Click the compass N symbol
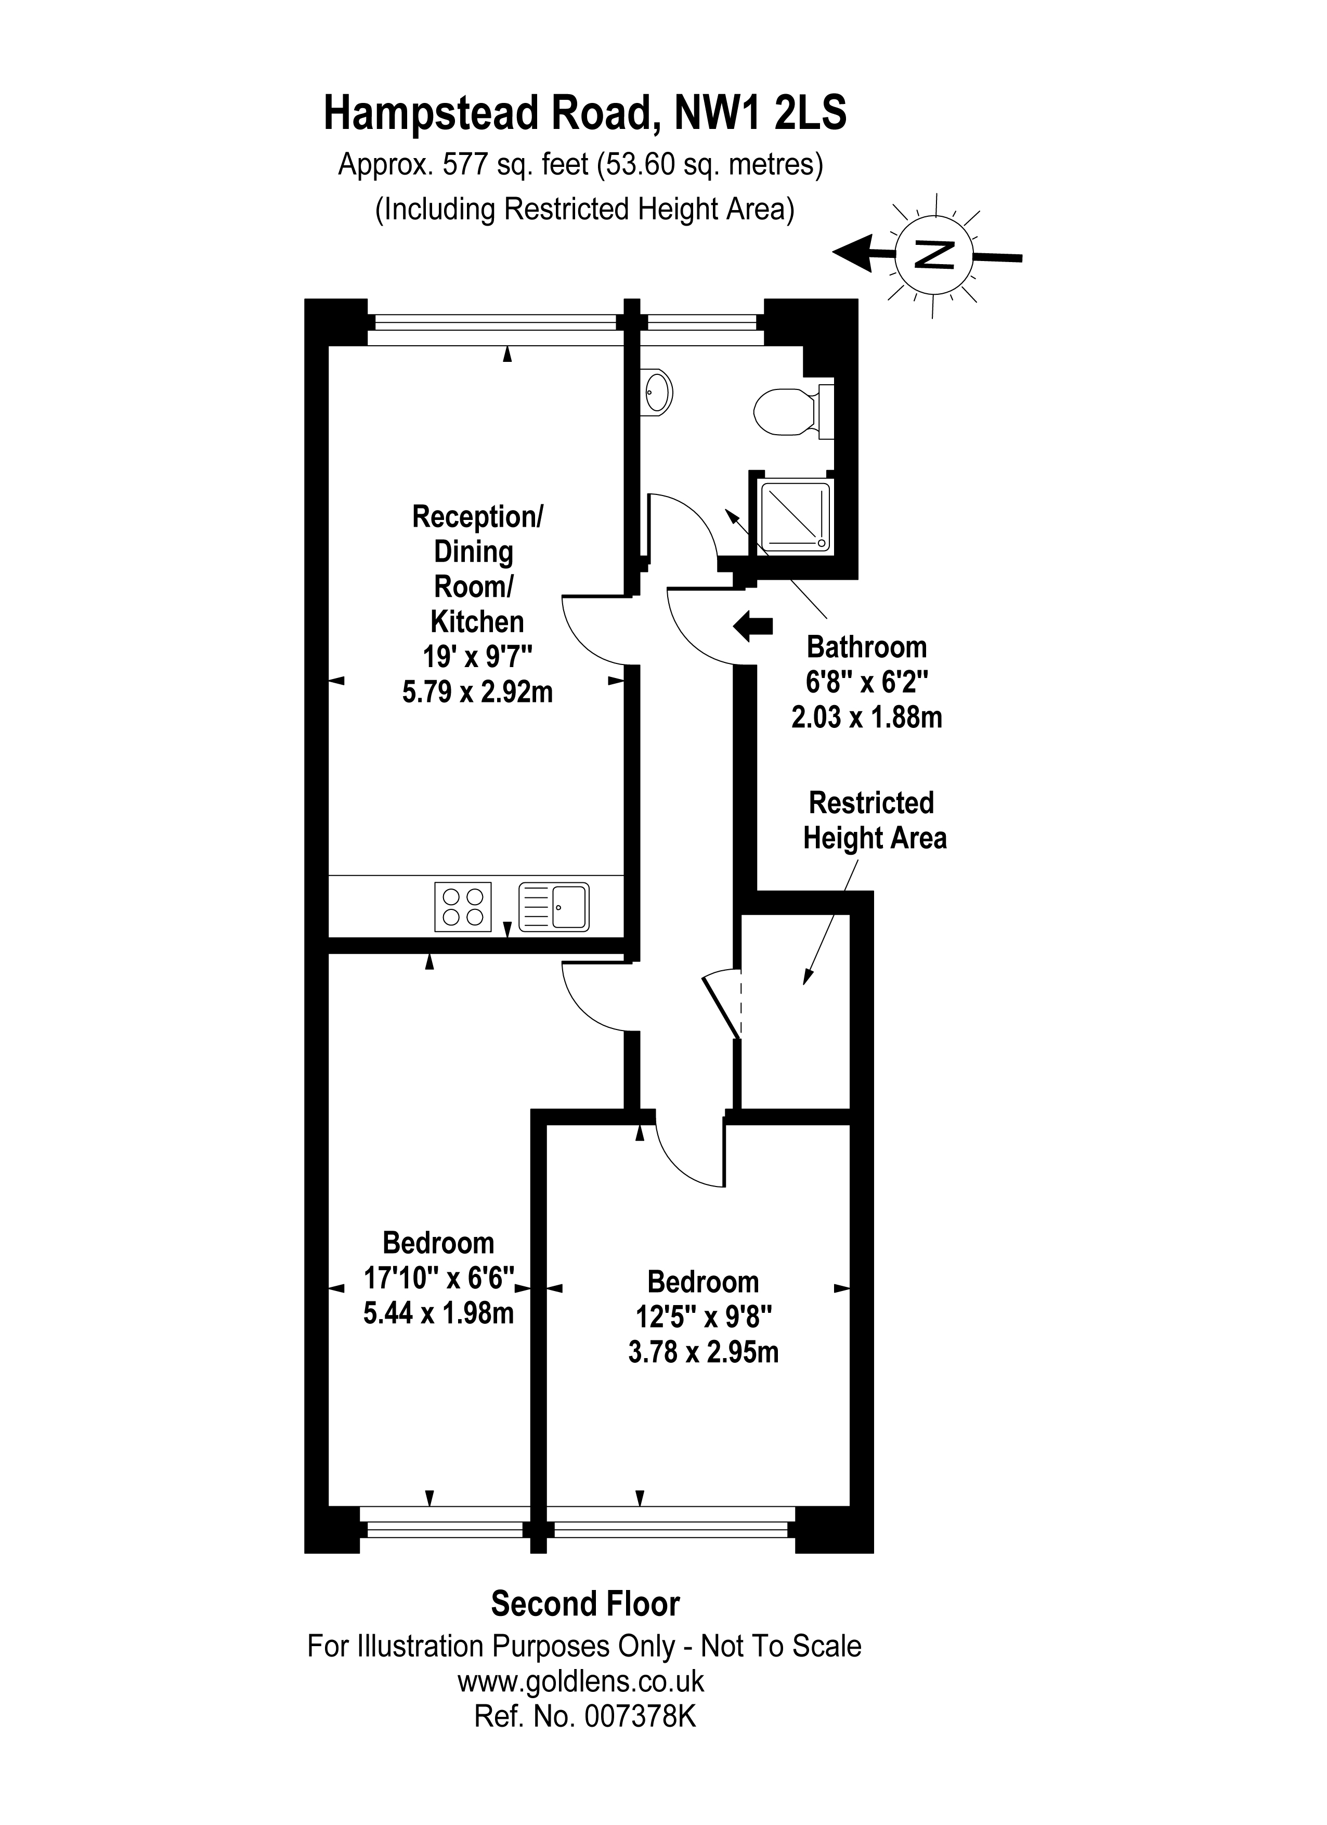pyautogui.click(x=934, y=255)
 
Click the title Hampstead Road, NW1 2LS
pyautogui.click(x=585, y=113)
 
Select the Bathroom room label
pyautogui.click(x=867, y=647)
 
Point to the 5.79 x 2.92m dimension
pyautogui.click(x=477, y=692)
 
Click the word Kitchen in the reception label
pyautogui.click(x=477, y=621)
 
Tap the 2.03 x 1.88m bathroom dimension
pyautogui.click(x=867, y=717)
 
